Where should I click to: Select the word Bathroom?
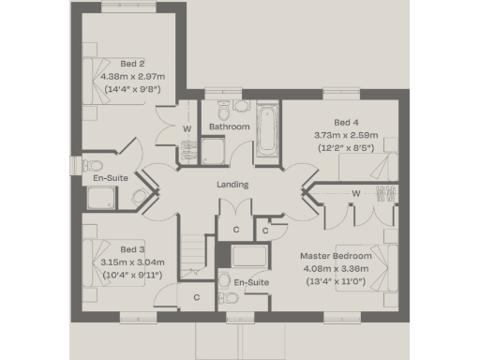229,127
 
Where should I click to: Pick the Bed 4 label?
346,122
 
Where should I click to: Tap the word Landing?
232,185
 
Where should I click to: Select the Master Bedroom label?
336,256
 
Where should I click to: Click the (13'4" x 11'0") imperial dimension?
336,280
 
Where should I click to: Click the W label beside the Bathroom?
187,127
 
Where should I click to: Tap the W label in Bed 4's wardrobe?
356,195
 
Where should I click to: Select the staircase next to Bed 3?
194,253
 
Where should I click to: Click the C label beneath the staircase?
196,298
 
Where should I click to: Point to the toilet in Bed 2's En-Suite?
141,195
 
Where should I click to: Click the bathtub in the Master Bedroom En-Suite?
249,257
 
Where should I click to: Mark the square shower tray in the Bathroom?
215,151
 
